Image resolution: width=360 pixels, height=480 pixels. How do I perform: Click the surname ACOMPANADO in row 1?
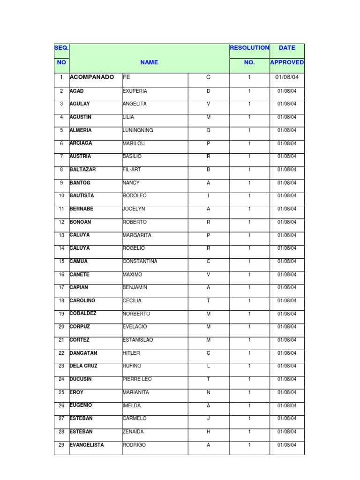[x=91, y=77]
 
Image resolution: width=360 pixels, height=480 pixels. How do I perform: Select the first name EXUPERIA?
[x=135, y=91]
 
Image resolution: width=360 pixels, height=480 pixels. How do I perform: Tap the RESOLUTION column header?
[x=249, y=48]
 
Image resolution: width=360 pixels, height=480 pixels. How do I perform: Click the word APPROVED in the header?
[x=287, y=62]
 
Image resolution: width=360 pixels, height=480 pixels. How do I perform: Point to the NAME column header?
[x=149, y=62]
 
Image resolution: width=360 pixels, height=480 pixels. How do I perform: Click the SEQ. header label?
[x=61, y=48]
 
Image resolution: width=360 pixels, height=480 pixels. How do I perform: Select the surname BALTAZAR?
[x=82, y=169]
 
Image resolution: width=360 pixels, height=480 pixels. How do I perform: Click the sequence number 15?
[x=61, y=261]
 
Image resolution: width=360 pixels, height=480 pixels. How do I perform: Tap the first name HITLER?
[x=131, y=353]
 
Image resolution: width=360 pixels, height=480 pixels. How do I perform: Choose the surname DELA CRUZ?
[x=83, y=366]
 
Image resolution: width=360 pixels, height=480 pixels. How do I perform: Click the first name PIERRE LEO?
[x=137, y=379]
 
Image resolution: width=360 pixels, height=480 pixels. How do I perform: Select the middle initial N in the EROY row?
[x=209, y=392]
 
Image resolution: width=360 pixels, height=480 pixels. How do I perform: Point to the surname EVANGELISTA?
[x=87, y=444]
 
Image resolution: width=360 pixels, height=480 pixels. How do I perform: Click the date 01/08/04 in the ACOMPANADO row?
[x=287, y=77]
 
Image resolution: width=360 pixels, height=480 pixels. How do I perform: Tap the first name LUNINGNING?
[x=138, y=130]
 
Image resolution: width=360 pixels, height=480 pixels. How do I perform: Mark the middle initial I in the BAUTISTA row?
[x=209, y=196]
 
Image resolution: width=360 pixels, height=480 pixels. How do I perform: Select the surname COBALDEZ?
[x=83, y=313]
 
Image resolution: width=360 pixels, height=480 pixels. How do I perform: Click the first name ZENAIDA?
[x=133, y=432]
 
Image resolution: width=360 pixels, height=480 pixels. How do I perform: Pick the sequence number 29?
[x=61, y=445]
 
